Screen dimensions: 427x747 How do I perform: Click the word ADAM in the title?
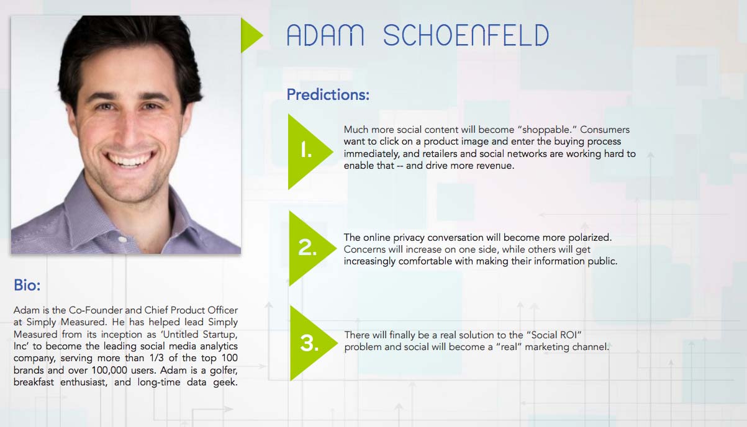click(x=325, y=35)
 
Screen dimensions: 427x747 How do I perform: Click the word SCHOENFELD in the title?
click(x=466, y=35)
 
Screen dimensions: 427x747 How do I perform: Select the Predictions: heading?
click(x=328, y=95)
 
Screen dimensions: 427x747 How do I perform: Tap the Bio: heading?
click(x=27, y=285)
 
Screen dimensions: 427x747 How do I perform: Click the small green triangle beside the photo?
click(x=250, y=35)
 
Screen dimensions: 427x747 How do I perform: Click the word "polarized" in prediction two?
click(x=590, y=238)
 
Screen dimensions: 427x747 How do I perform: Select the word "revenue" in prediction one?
click(x=497, y=166)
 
